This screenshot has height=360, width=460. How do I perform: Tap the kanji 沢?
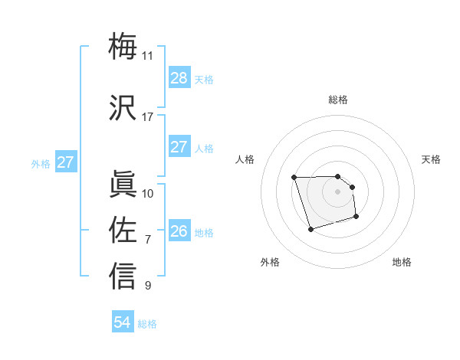tap(123, 107)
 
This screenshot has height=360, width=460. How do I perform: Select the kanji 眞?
tap(123, 184)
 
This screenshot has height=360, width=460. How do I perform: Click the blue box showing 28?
tap(179, 78)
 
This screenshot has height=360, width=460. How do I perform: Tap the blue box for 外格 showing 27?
tap(66, 162)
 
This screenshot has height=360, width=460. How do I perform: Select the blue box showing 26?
tap(179, 232)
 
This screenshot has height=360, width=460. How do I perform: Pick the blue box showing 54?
tap(123, 323)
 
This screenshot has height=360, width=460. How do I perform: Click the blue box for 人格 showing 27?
tap(179, 147)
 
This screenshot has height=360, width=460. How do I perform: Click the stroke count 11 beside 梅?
tap(147, 55)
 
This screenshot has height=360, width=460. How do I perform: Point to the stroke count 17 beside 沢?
tap(147, 117)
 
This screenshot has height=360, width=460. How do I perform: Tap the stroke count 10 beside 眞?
tap(148, 193)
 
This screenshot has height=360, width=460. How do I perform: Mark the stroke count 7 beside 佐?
tap(148, 240)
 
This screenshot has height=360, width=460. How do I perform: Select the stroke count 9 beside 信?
tap(148, 286)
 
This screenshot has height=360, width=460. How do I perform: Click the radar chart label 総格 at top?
tap(338, 100)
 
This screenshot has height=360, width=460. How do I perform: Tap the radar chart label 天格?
tap(432, 159)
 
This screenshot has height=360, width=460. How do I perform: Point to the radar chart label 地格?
tap(402, 262)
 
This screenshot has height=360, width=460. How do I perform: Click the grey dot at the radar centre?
tap(338, 191)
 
